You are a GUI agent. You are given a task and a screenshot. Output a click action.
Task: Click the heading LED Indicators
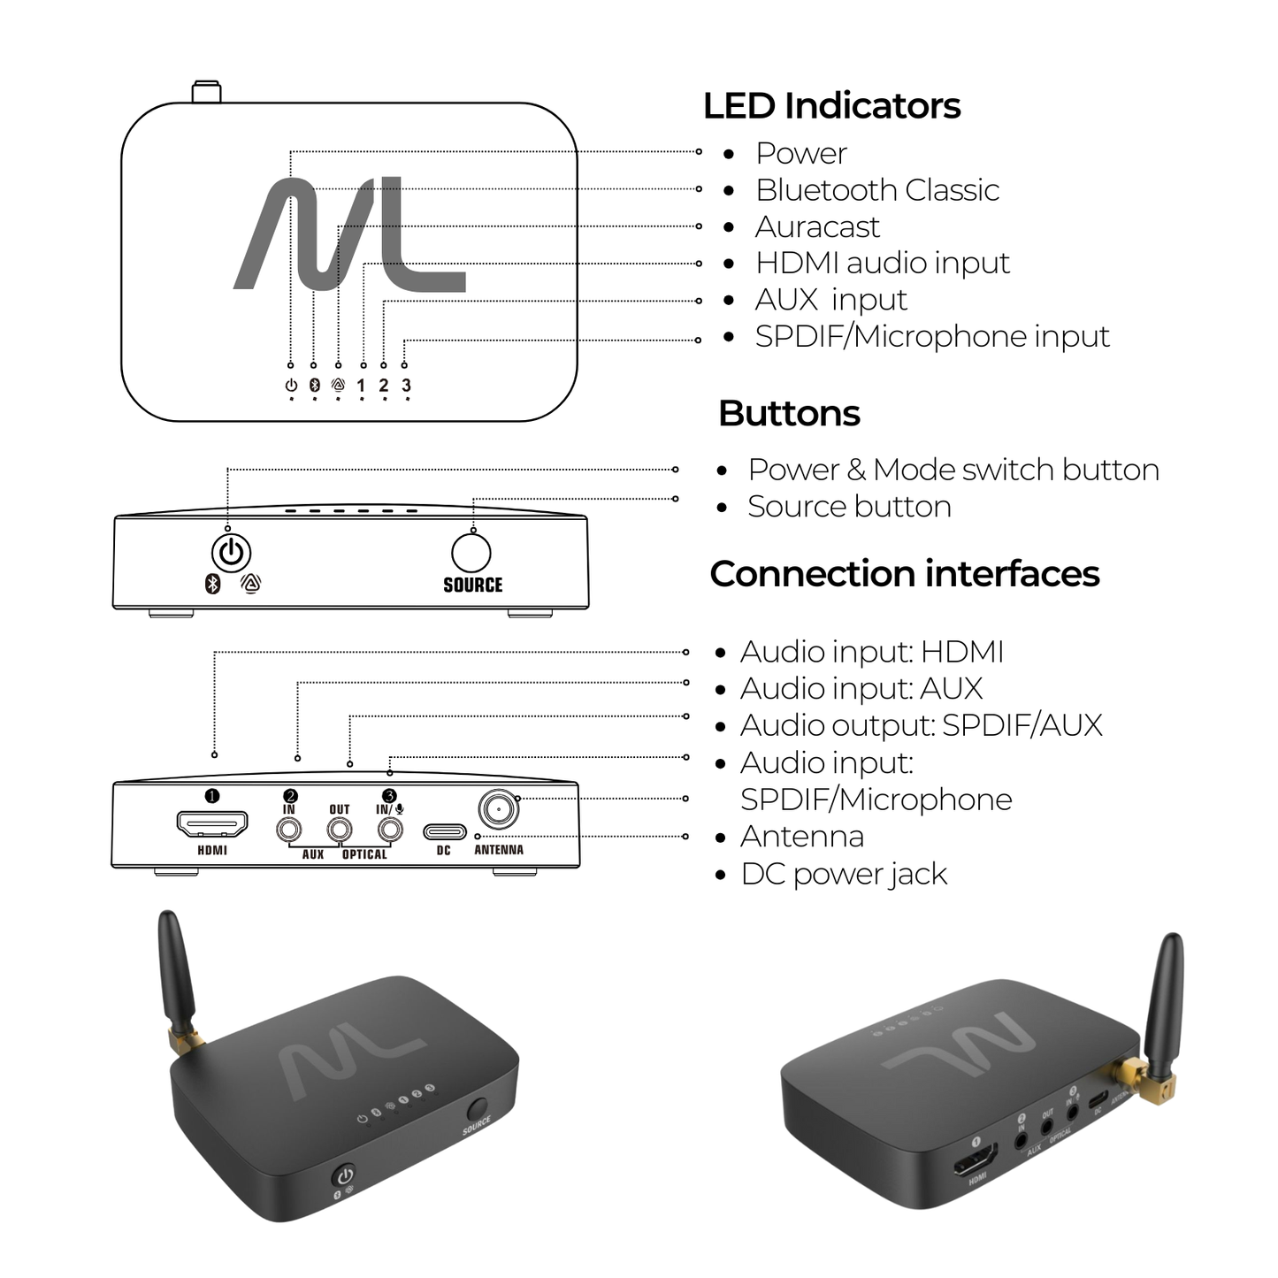click(x=831, y=106)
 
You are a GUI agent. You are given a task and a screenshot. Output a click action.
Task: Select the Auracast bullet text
click(x=817, y=227)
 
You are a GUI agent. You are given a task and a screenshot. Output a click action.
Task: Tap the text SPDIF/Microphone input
click(x=931, y=337)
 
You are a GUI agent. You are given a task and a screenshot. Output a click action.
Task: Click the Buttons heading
click(x=789, y=414)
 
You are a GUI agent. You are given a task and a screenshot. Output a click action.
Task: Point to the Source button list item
click(x=849, y=507)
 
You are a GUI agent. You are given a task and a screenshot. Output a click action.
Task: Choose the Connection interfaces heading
click(x=904, y=574)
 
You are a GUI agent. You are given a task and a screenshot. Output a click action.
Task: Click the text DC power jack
click(x=844, y=874)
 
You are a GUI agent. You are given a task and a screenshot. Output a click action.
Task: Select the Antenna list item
click(x=801, y=837)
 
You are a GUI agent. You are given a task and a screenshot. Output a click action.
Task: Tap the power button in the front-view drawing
click(x=231, y=553)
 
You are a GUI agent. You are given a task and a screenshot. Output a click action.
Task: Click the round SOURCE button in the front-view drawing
click(x=471, y=553)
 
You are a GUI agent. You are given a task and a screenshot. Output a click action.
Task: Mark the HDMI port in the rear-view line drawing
click(x=212, y=824)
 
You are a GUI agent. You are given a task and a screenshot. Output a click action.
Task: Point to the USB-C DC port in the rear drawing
click(x=444, y=832)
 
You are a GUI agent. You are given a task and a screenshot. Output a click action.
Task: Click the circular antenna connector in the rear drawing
click(x=498, y=808)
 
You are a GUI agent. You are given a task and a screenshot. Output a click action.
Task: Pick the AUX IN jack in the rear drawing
click(x=289, y=830)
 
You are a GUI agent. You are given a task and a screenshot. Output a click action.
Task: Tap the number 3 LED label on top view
click(x=406, y=386)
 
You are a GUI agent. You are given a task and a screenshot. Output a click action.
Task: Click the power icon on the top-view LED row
click(x=291, y=386)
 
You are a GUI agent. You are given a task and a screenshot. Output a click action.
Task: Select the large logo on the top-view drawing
click(x=350, y=234)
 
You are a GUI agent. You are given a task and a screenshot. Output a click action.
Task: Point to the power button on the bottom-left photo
click(x=344, y=1176)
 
